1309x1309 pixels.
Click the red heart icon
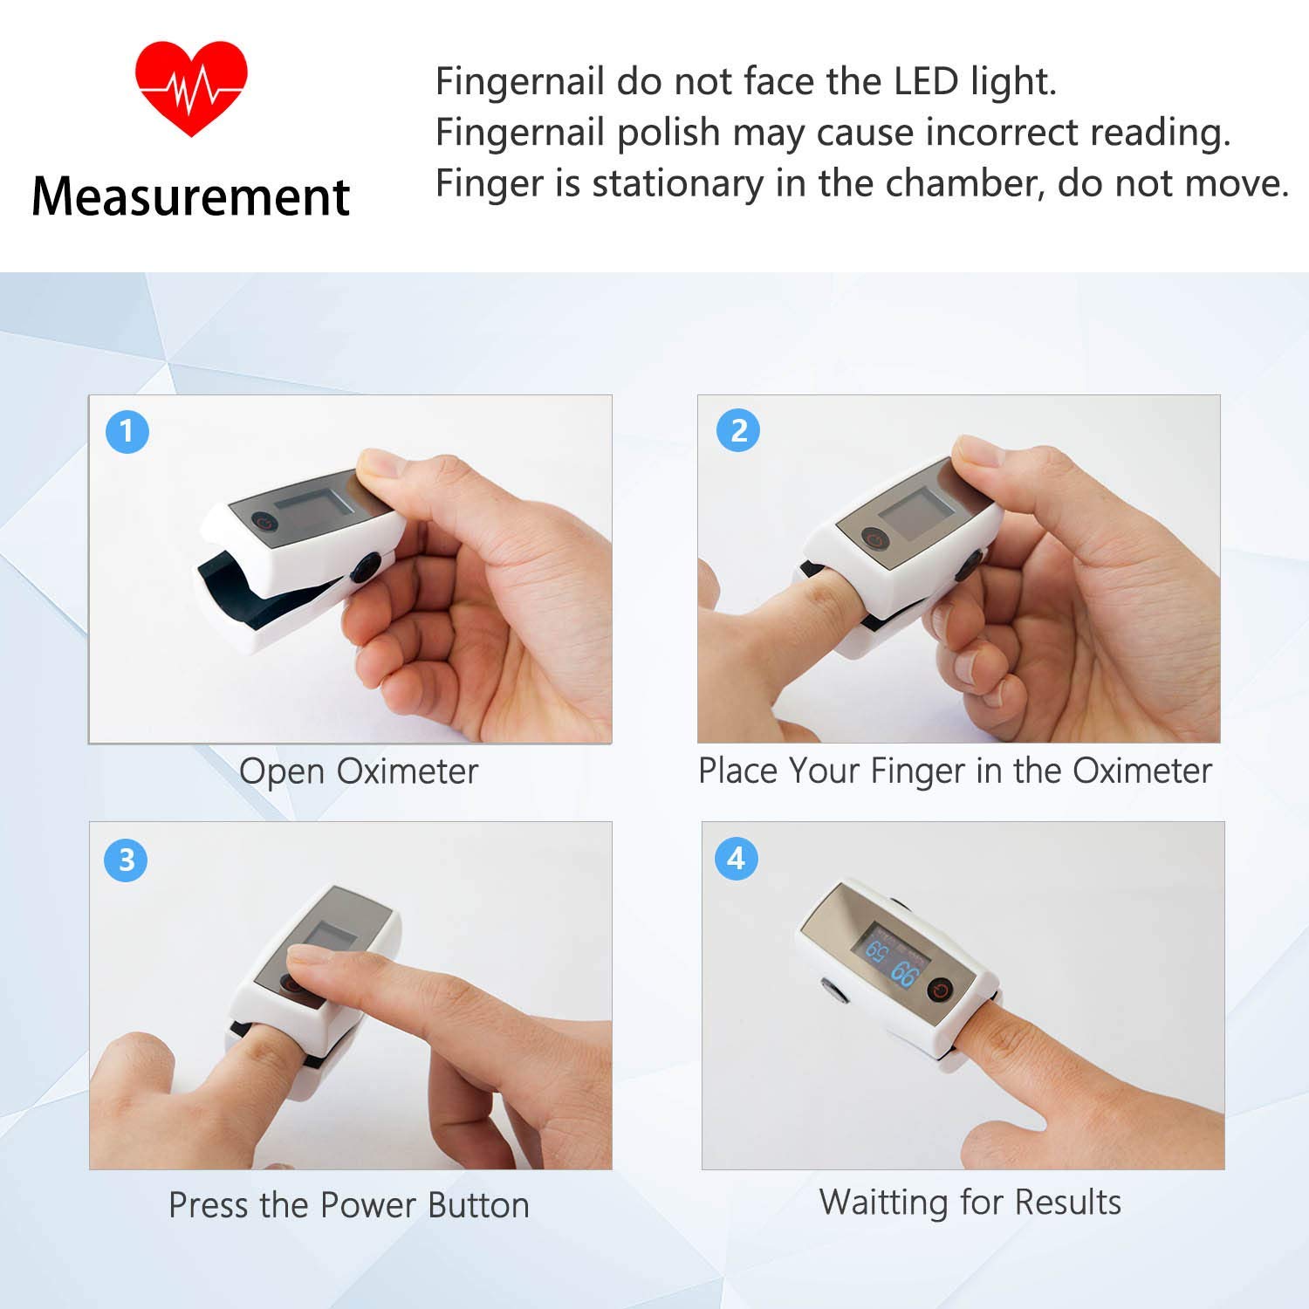(191, 88)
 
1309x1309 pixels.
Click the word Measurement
(191, 196)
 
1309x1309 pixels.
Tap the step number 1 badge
(127, 431)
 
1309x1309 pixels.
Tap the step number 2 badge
(738, 430)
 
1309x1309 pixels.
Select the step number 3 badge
(127, 860)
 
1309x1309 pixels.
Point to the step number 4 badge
(736, 859)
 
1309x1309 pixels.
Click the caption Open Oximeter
(359, 771)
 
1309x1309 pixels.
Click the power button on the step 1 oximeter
(266, 523)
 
